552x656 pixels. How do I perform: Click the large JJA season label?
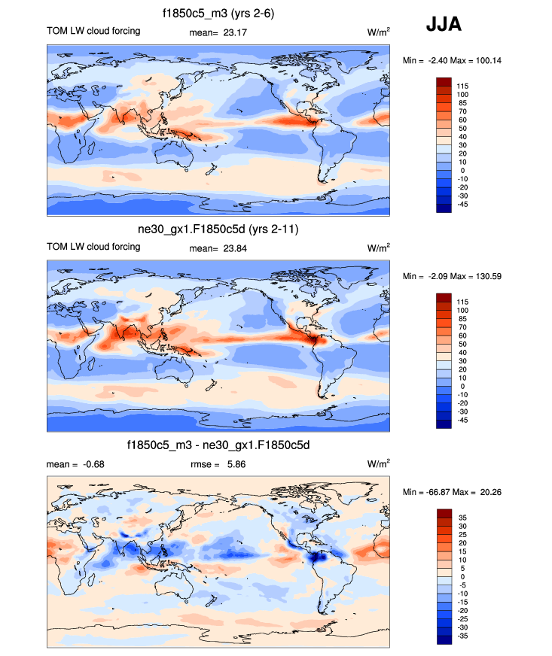(444, 25)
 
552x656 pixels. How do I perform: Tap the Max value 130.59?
(486, 276)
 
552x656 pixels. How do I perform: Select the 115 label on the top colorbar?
(462, 87)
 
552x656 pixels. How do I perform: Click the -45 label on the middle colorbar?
(462, 420)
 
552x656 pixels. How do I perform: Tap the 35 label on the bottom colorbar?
(462, 518)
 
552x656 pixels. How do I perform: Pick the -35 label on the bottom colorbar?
(462, 636)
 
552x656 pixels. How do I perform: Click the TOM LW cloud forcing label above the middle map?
(93, 247)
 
